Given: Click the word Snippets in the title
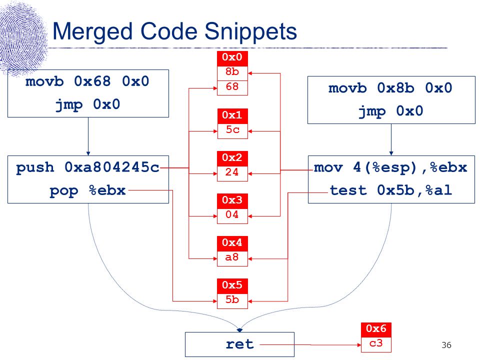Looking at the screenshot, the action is pos(250,31).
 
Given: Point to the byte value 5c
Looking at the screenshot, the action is pos(232,130).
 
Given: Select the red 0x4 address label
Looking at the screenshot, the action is pos(232,243).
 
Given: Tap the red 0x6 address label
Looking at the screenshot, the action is pos(376,329).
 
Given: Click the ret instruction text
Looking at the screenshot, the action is pos(239,344).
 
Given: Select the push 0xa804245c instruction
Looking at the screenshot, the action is pos(88,167).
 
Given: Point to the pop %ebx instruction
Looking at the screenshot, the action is pos(87,190).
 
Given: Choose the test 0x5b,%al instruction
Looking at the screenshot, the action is pos(391,190).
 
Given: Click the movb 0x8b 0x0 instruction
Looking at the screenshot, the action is pos(390,88).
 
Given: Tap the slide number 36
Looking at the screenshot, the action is pos(446,345).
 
